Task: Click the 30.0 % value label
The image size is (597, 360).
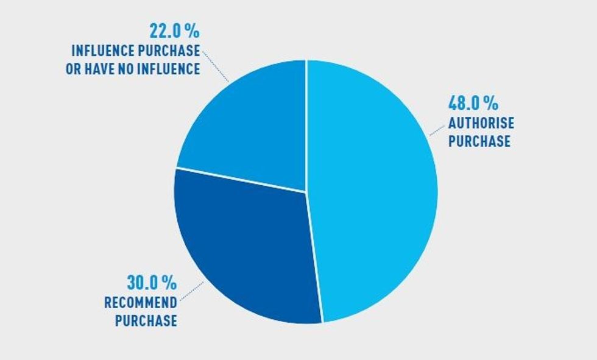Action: click(152, 283)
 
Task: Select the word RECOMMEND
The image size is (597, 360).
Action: click(141, 302)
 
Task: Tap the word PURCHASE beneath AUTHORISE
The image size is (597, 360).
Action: click(479, 141)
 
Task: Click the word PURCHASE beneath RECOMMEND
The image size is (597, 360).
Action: click(146, 320)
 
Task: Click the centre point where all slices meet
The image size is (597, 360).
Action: click(306, 192)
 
